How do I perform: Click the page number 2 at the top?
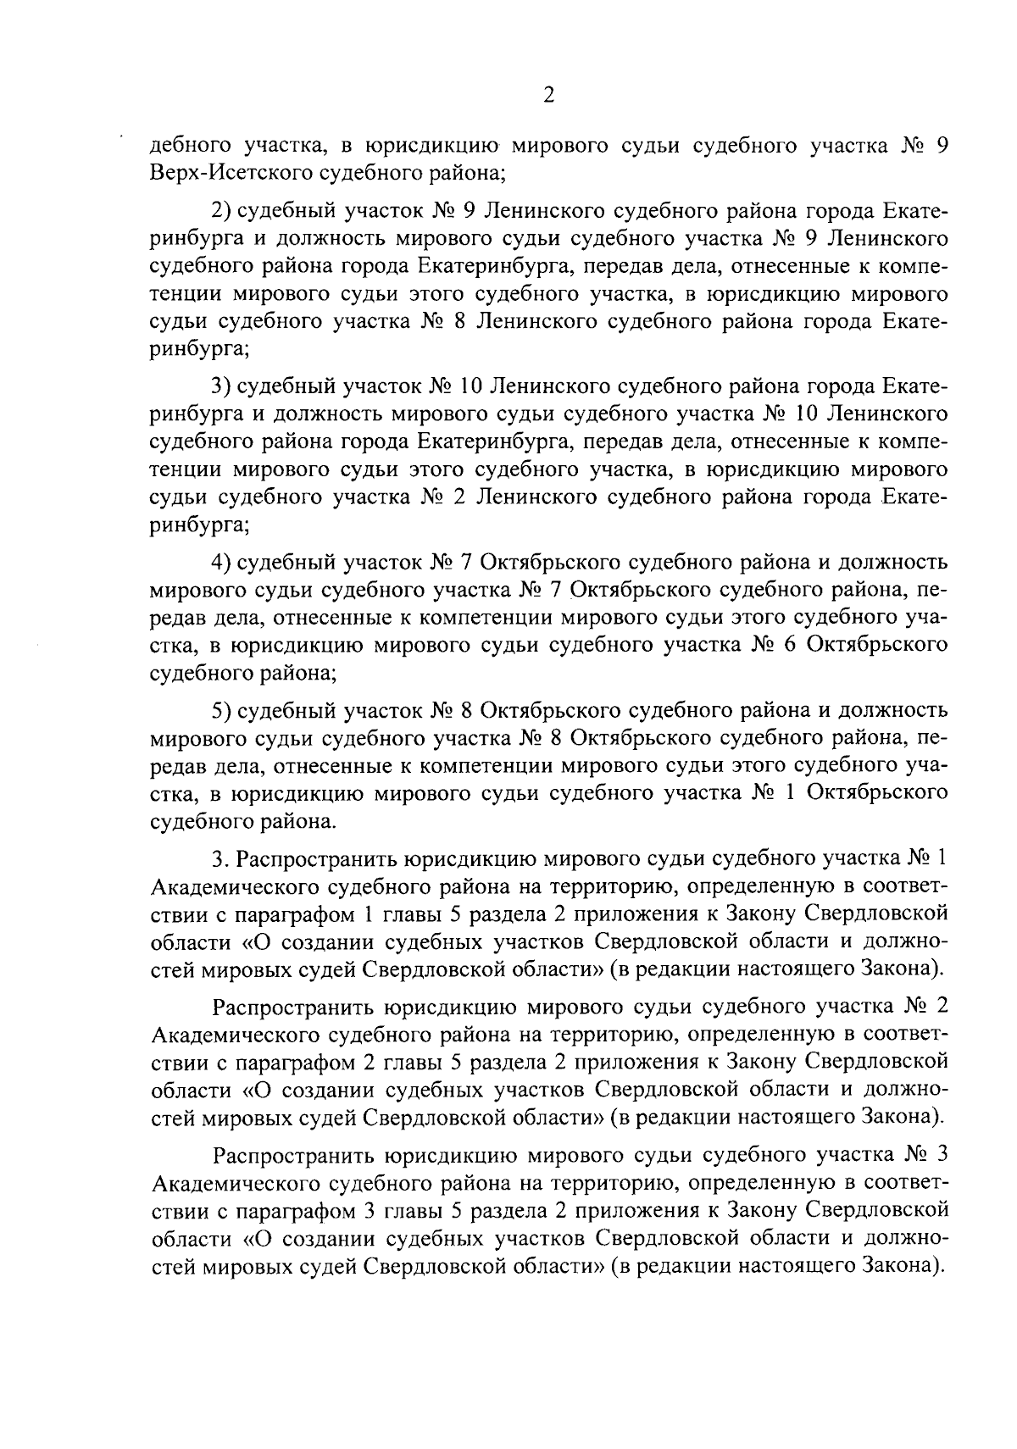(x=547, y=95)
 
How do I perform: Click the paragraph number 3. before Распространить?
(x=220, y=858)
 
